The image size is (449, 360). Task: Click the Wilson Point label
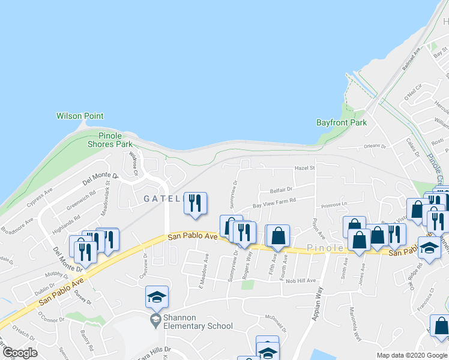pyautogui.click(x=80, y=116)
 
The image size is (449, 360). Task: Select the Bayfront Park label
pyautogui.click(x=341, y=122)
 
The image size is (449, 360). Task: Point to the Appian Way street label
pyautogui.click(x=318, y=301)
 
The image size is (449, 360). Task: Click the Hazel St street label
pyautogui.click(x=304, y=169)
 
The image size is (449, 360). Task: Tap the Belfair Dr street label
pyautogui.click(x=280, y=190)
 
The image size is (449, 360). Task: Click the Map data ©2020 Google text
pyautogui.click(x=411, y=355)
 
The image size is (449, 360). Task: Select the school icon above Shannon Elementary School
pyautogui.click(x=156, y=298)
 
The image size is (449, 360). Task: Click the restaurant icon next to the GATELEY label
pyautogui.click(x=194, y=204)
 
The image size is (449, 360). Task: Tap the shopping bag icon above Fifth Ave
pyautogui.click(x=278, y=236)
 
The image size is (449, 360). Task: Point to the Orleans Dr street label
pyautogui.click(x=376, y=145)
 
